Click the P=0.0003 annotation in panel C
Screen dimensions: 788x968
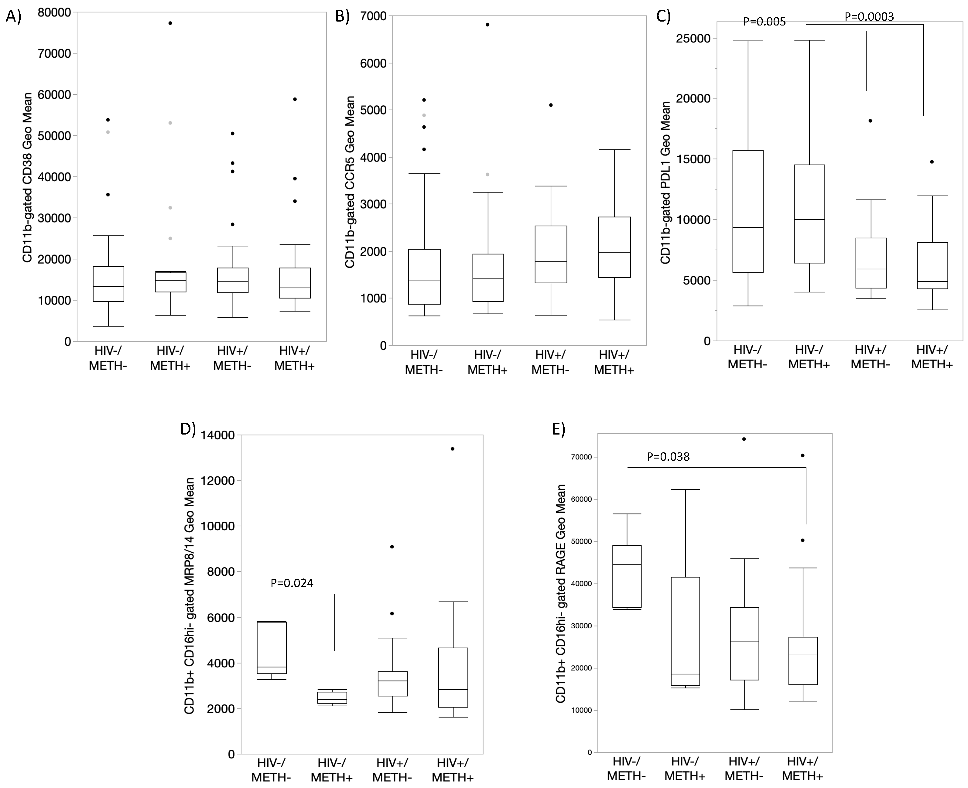869,17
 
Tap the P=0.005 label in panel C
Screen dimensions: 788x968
764,22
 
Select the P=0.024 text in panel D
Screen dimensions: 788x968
292,583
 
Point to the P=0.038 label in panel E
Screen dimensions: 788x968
668,457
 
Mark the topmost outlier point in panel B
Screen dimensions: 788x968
487,25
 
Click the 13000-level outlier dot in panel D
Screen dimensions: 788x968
452,449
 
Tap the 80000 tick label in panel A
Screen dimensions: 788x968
54,13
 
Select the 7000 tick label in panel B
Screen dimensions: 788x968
373,16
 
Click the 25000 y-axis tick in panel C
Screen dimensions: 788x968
693,39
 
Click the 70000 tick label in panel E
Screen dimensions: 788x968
582,457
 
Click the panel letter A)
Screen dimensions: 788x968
14,16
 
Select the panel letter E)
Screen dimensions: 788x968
559,429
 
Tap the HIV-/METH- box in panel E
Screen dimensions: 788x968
627,576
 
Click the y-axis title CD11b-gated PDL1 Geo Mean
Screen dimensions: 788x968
665,183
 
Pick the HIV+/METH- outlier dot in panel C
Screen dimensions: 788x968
871,121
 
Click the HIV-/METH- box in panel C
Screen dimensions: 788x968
748,211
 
